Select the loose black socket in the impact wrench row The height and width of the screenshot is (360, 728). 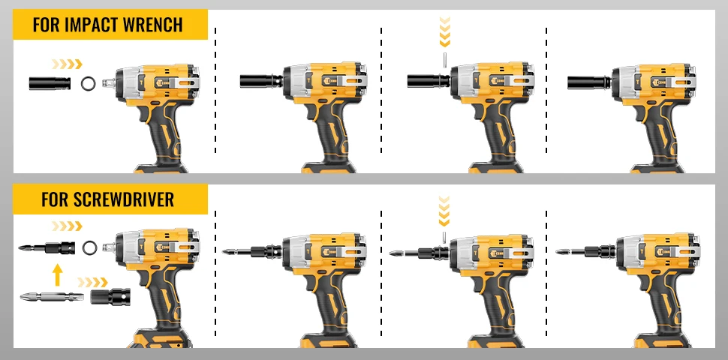(50, 83)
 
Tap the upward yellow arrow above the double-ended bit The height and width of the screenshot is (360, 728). (57, 274)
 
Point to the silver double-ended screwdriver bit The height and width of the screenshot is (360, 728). (52, 296)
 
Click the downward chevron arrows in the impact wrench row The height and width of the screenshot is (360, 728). (445, 32)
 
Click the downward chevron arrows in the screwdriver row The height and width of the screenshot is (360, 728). (444, 211)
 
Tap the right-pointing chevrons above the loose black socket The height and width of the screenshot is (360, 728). (67, 64)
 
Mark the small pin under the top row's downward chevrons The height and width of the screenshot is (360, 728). (445, 60)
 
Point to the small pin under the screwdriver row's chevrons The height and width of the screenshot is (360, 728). (444, 238)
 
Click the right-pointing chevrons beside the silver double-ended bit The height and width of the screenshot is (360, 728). (92, 282)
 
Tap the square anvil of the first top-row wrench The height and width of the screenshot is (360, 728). (108, 83)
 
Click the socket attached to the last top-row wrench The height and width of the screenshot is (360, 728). (588, 82)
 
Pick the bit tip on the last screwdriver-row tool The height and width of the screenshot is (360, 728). (563, 252)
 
